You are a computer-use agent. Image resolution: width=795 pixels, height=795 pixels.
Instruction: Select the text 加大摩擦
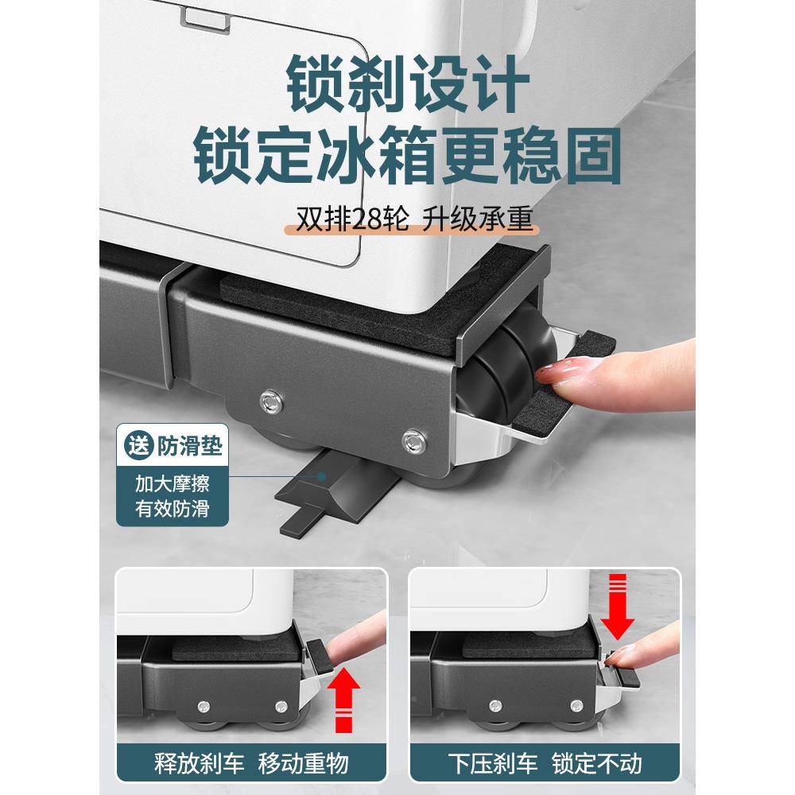pos(172,483)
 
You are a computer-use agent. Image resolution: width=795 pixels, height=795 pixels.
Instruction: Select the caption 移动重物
pos(304,764)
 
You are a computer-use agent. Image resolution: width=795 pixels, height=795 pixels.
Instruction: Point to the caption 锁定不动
pos(597,764)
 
